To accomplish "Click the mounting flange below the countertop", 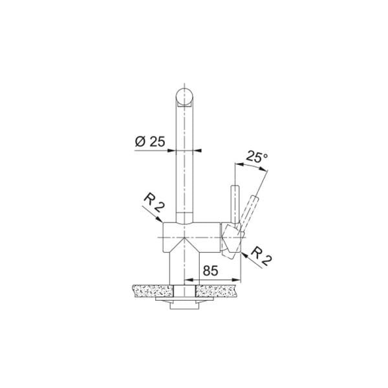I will tap(186, 302).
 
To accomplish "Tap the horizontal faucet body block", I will tap(191, 235).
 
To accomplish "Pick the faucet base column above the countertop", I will tap(186, 268).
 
